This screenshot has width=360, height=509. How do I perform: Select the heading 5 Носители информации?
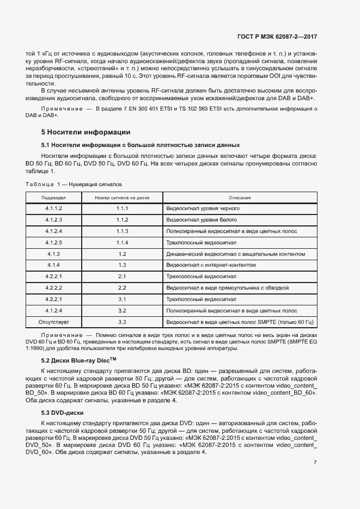pos(86,132)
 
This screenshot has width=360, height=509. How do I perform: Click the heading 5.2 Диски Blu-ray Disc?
pos(79,360)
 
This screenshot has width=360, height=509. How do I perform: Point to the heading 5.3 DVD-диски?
pos(62,413)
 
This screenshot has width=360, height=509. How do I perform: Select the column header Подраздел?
pos(53,198)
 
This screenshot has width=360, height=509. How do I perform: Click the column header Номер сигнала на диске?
pos(122,198)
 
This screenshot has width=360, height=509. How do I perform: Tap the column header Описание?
pos(240,198)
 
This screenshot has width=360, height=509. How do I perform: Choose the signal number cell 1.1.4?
pos(122,242)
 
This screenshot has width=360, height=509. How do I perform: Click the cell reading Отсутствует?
pos(53,322)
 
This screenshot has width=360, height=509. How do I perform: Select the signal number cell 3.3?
pos(122,322)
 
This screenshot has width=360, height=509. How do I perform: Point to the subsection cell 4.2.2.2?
pos(53,288)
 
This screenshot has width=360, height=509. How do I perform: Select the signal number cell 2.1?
pos(122,277)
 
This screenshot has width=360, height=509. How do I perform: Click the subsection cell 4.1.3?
pos(53,254)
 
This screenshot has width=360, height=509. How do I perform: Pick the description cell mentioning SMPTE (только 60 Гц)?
pos(240,322)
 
